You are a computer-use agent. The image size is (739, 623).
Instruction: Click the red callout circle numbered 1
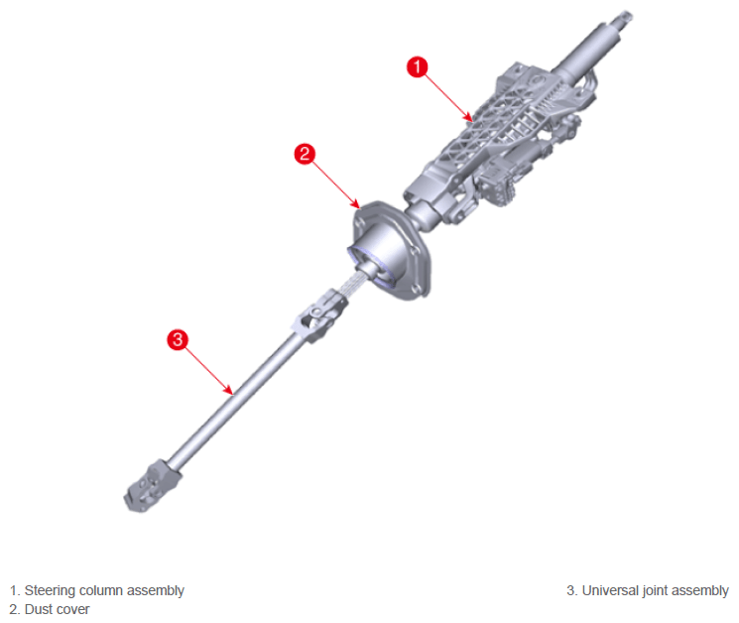417,66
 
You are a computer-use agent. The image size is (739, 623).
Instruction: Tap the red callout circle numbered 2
305,154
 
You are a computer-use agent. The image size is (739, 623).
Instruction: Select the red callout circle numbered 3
178,339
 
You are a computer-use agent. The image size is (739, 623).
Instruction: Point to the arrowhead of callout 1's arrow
469,118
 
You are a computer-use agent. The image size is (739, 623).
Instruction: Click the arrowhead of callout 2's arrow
356,204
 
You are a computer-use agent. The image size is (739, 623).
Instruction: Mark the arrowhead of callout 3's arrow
229,391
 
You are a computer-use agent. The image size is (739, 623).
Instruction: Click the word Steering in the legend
50,590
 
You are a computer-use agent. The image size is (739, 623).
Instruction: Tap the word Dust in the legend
38,609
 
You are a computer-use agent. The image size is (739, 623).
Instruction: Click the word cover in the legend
72,610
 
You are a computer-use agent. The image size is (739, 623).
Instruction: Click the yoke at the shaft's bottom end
152,486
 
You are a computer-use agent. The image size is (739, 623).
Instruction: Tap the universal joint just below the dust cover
320,315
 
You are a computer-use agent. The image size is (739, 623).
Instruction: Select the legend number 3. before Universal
572,590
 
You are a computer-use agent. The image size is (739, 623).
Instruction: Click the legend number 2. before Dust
15,609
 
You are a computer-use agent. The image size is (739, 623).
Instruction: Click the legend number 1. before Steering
15,590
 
